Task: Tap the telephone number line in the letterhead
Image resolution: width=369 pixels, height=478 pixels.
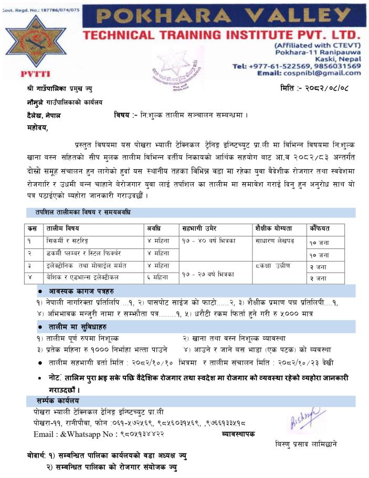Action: pos(296,66)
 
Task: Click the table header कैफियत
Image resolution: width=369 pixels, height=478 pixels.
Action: pos(319,228)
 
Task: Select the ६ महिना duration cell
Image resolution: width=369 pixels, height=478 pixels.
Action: pos(158,277)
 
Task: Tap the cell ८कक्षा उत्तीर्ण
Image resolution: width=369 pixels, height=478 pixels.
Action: pos(276,265)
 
